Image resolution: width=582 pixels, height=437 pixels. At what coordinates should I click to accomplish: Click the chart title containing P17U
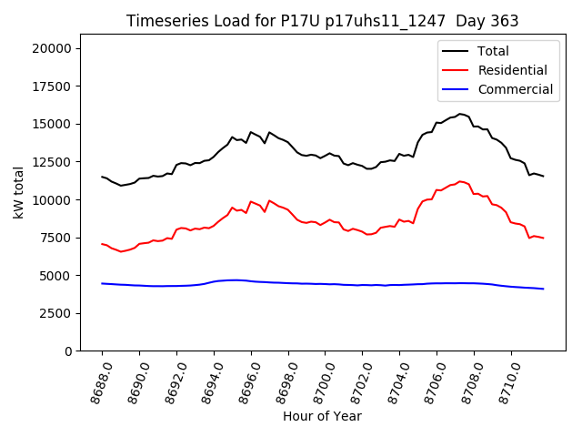[322, 21]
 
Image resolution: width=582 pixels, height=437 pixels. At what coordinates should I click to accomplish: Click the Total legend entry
[493, 51]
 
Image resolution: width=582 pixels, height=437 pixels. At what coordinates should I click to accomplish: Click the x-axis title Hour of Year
[322, 416]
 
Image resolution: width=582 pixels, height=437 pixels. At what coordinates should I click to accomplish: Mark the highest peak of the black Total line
[460, 114]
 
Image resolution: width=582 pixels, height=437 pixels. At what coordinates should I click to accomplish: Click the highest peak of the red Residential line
[460, 181]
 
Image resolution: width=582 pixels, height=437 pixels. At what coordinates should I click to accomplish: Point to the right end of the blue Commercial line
[543, 289]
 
